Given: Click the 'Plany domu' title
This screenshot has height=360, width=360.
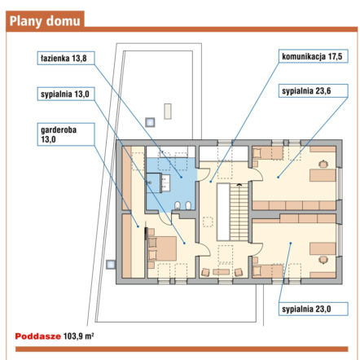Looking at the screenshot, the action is coord(45,21).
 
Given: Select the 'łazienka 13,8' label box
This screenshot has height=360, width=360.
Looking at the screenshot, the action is coord(66,58).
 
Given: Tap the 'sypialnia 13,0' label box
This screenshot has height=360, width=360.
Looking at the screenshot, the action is coord(66,94).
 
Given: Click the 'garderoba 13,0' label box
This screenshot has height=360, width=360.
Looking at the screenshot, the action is coord(66,134).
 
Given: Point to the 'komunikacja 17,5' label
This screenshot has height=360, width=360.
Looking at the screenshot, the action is coord(314,56).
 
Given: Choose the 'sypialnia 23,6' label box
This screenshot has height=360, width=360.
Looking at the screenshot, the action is coord(314,90).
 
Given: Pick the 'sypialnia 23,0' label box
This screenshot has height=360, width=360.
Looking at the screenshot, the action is coord(314,309).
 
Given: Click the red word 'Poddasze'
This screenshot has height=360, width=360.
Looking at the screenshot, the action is coord(38,336).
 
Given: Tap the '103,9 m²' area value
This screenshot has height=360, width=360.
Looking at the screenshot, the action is coord(78,336).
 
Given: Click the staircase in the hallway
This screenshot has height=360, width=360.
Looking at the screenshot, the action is coord(239,212).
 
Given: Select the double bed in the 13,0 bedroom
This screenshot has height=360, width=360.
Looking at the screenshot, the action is coord(162,248).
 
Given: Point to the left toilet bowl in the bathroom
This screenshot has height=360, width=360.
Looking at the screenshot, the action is coord(178,205).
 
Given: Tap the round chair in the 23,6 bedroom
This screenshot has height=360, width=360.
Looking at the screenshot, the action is coord(323,164).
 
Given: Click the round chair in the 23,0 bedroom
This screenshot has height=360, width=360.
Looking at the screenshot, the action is coord(323,260).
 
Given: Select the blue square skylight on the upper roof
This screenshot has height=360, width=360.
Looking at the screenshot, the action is coord(150,122).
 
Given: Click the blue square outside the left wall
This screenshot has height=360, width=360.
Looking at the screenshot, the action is coord(111,265).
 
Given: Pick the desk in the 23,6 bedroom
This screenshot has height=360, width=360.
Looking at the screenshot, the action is coord(323,175).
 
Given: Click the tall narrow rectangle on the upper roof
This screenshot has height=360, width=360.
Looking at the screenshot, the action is coord(168,112).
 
